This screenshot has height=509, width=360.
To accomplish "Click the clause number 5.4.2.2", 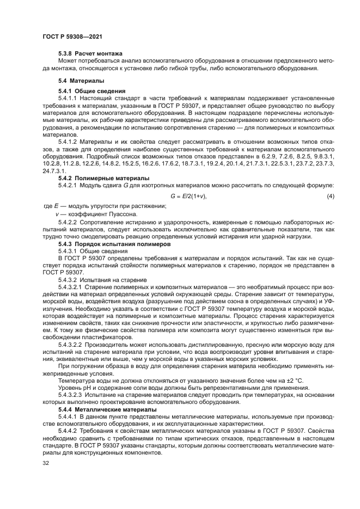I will pos(70,223).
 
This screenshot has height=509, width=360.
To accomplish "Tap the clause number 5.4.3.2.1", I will pos(72,286).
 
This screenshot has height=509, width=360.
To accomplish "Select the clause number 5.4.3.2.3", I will pos(72,394).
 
